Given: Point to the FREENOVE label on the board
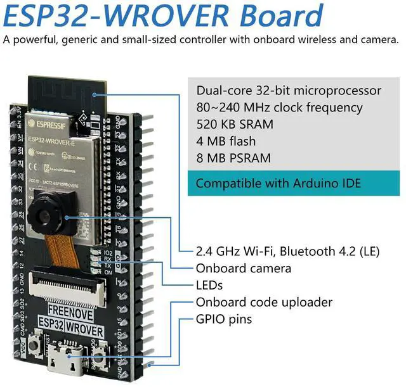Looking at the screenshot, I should (65, 310).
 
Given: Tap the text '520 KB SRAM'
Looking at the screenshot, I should (235, 124).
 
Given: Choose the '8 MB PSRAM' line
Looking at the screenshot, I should (233, 158).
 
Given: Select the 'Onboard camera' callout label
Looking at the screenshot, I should (243, 268).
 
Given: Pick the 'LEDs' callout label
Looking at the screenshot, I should (209, 285).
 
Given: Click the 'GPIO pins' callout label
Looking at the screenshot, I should (223, 319).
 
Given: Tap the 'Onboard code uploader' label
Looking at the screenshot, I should (264, 302).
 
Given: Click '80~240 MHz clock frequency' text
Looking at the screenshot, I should (279, 107).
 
